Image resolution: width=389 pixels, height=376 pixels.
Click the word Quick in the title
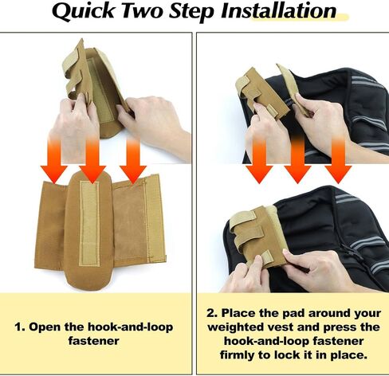83,11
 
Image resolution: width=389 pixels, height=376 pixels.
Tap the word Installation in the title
279,10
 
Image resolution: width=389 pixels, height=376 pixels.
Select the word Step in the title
191,12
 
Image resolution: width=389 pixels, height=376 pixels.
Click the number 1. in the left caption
20,327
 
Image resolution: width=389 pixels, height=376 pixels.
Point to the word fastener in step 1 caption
94,340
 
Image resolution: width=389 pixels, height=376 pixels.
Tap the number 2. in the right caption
212,313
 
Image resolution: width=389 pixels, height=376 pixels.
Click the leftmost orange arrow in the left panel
54,159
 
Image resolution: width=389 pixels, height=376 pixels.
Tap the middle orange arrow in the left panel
92,159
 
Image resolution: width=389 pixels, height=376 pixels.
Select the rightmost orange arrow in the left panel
133,159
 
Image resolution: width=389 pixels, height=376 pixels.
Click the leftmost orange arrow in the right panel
259,159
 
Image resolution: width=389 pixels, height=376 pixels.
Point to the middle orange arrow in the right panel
297,159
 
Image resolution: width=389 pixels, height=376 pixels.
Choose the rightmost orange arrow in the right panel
338,159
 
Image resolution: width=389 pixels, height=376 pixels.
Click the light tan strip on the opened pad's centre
89,224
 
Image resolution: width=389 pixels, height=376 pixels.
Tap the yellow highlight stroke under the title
301,18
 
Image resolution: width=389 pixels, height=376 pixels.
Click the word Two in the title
141,11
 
